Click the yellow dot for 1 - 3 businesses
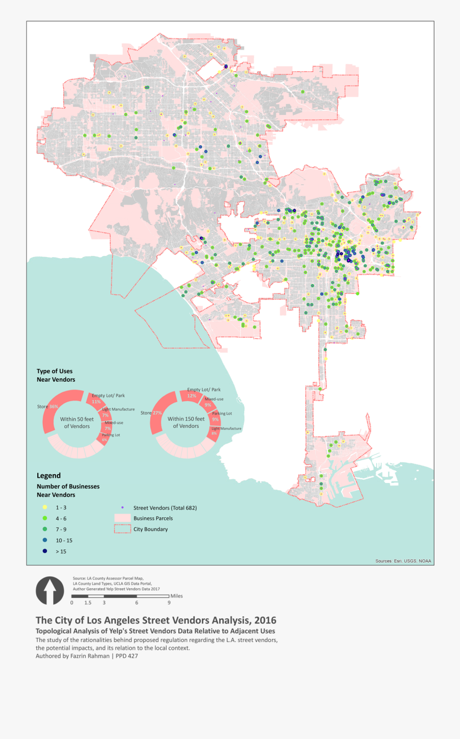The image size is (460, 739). pos(45,507)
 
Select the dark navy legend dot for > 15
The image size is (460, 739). pos(45,551)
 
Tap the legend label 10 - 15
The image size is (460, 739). pos(64,540)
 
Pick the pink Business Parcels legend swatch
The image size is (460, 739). pos(123,518)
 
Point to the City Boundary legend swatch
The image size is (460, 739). pos(123,529)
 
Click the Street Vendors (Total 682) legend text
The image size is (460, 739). pos(165,507)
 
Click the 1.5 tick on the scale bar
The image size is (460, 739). pos(88,603)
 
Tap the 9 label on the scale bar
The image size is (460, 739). pos(169,603)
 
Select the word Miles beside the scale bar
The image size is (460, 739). pos(177,596)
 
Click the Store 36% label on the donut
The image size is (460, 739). pos(48,407)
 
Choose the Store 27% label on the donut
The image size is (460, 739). pos(151,413)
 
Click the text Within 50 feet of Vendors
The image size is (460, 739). pos(77,423)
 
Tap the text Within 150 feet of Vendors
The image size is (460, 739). pos(186,422)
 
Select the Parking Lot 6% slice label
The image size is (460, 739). pos(110,437)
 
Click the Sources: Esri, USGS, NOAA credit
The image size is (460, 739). pos(403,561)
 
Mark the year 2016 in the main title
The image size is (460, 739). pos(265,620)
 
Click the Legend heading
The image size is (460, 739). pos(49,475)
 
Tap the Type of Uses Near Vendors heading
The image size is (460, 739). pos(56,375)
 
